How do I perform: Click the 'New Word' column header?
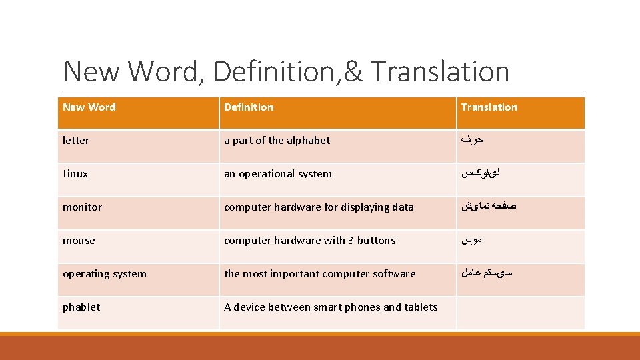(x=89, y=107)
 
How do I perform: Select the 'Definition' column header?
(x=249, y=107)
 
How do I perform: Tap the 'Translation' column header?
(x=489, y=107)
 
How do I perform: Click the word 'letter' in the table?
(x=76, y=140)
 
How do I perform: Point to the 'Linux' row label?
(x=75, y=173)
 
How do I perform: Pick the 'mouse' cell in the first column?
(x=79, y=240)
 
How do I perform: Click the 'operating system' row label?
(x=105, y=273)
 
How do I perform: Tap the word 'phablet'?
(x=81, y=307)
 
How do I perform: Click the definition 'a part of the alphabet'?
(x=277, y=140)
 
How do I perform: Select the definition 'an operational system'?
(x=277, y=173)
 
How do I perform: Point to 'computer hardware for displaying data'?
(x=319, y=207)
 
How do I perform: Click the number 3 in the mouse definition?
(x=351, y=240)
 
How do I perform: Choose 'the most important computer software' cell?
(x=319, y=273)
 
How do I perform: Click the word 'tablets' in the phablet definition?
(x=421, y=307)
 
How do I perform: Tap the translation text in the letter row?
(x=471, y=140)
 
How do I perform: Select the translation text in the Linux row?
(x=479, y=173)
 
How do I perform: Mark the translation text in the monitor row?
(x=488, y=207)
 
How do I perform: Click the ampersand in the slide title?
(x=353, y=72)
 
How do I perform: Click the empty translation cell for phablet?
(x=520, y=313)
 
